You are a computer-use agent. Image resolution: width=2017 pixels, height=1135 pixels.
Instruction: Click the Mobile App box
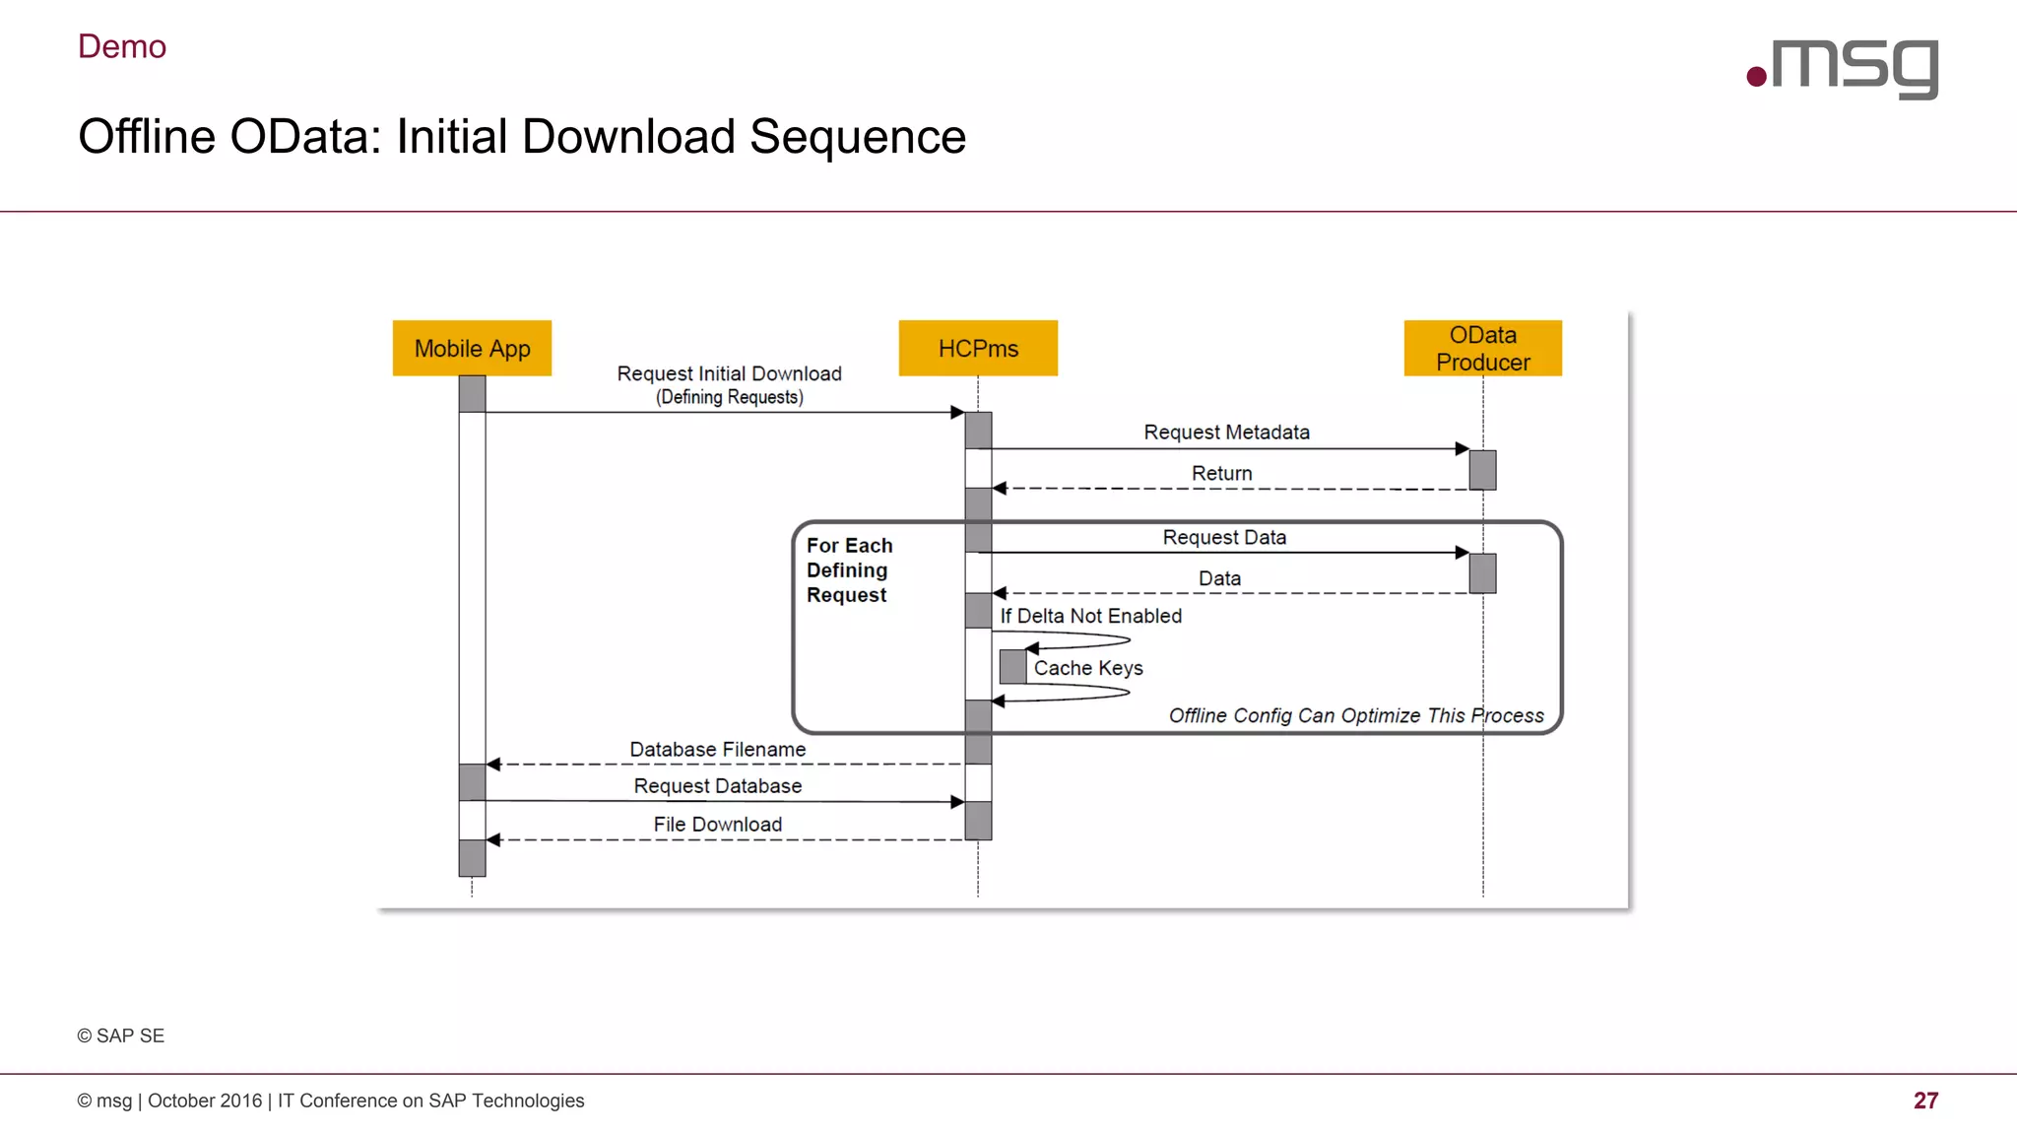(472, 348)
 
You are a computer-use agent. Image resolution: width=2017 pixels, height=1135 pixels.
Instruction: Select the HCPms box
(978, 348)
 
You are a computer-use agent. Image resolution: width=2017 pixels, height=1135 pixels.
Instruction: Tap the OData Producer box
(1482, 348)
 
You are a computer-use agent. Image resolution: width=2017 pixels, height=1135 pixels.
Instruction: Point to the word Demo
(122, 46)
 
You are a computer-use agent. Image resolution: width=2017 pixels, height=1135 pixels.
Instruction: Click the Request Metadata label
(1226, 432)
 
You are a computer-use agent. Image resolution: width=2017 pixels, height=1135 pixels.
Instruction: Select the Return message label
(1221, 473)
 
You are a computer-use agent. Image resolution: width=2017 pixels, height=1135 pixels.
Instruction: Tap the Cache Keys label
(1088, 668)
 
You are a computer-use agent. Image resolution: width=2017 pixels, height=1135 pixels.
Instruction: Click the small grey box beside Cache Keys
(1012, 667)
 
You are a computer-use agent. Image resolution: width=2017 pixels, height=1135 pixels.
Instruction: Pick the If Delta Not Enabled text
(1090, 616)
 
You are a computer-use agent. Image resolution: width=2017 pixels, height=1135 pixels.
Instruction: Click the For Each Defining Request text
(849, 569)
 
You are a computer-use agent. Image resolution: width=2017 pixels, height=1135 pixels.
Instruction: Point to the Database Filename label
(717, 749)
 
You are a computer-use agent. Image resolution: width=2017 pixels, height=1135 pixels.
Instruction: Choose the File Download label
(717, 824)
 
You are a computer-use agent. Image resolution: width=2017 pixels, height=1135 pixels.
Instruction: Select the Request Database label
(717, 785)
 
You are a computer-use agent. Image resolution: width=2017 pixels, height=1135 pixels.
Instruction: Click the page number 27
(1925, 1101)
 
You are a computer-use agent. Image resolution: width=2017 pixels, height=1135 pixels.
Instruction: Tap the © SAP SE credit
(121, 1035)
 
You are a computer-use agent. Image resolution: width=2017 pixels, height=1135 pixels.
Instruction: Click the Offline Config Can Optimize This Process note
(1355, 715)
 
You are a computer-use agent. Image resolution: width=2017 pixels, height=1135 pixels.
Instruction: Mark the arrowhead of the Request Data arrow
(1462, 553)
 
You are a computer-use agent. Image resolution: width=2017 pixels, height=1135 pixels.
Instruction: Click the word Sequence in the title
(857, 136)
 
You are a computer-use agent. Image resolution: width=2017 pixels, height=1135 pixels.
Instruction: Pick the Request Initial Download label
(729, 373)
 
